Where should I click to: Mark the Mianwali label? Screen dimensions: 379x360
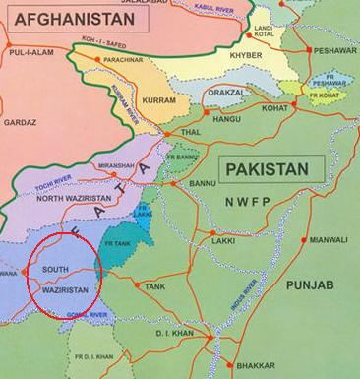327,239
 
